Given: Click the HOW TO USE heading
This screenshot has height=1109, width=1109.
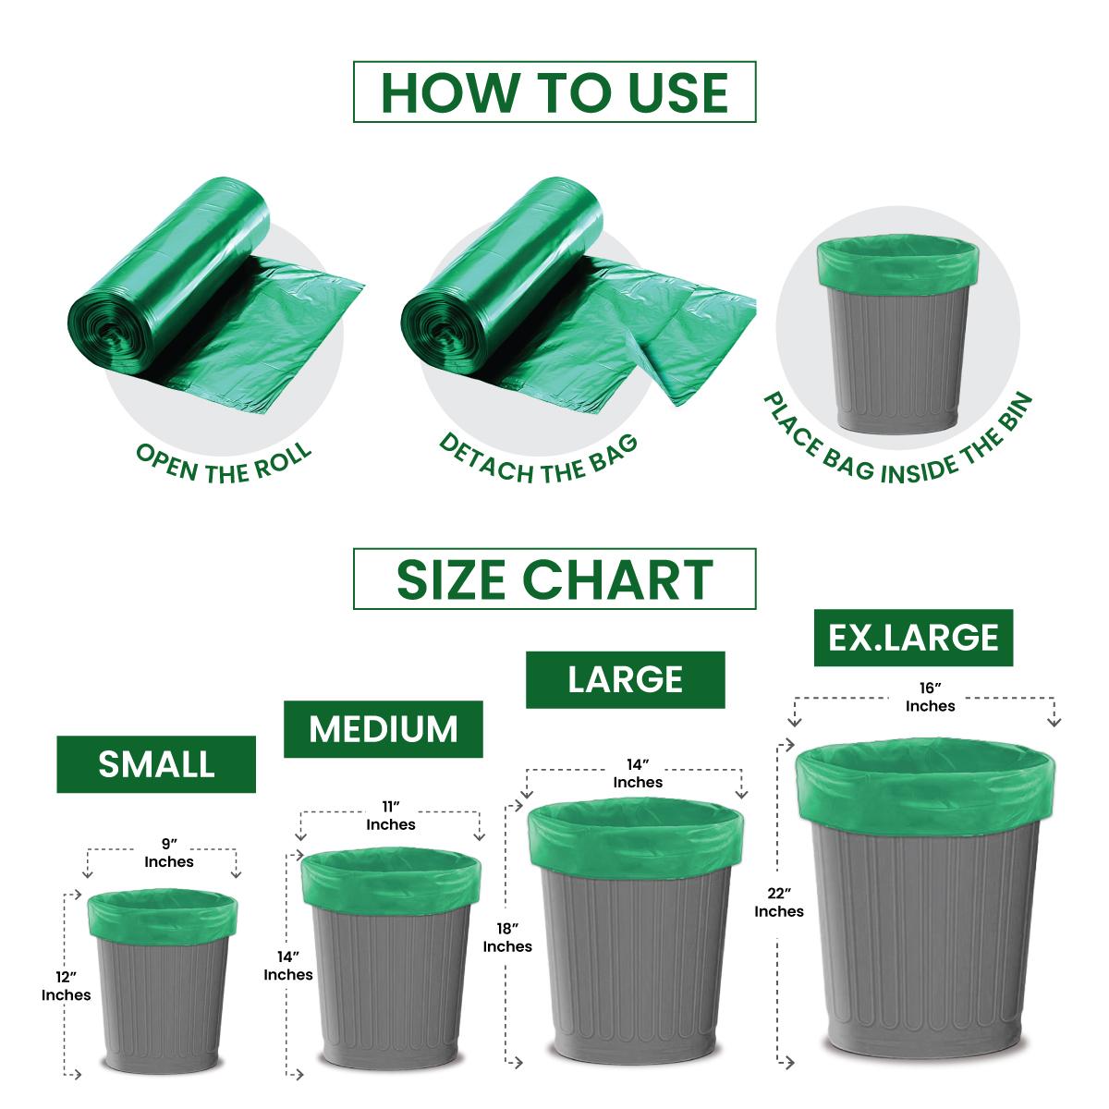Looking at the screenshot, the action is point(554,92).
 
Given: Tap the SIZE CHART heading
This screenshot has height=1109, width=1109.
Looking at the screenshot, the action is point(554,579).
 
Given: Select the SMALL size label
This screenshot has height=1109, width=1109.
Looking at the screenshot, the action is point(156,764).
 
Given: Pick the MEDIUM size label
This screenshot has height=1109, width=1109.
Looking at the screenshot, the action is point(384,729).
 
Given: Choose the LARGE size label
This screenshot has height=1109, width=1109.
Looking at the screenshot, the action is point(626,679).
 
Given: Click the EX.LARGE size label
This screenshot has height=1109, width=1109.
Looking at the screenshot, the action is point(913,638).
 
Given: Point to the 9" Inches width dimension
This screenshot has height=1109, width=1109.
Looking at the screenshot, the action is point(168,852).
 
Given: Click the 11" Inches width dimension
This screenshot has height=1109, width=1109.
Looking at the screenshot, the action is point(391,815).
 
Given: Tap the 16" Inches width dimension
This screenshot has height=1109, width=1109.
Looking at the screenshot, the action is point(930,697).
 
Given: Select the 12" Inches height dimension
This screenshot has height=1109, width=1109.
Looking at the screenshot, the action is point(67,986).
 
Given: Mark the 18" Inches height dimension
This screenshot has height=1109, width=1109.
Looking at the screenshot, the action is point(507,937).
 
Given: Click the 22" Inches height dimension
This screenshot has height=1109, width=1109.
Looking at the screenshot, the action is point(779,902).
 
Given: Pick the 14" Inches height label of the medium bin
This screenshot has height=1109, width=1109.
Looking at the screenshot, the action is point(288,966).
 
